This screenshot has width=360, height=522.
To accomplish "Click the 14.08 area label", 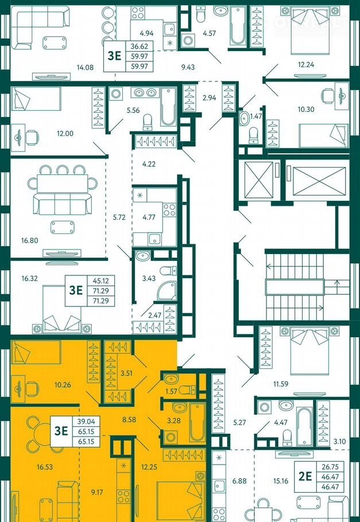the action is pyautogui.click(x=85, y=67).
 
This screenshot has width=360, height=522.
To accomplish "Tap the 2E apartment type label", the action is pyautogui.click(x=305, y=476).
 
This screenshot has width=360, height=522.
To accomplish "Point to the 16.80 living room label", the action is pyautogui.click(x=30, y=240).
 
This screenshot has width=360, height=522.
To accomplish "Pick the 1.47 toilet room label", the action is pyautogui.click(x=256, y=116).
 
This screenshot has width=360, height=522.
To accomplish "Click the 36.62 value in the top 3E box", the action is pyautogui.click(x=140, y=46).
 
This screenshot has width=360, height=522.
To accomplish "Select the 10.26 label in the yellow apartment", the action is pyautogui.click(x=63, y=385).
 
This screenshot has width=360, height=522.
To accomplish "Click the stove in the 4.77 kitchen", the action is pyautogui.click(x=169, y=210).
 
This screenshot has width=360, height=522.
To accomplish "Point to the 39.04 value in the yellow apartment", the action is pyautogui.click(x=86, y=422).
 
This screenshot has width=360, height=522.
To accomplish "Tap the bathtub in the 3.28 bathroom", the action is pyautogui.click(x=198, y=422).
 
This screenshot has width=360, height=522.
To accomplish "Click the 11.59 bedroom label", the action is pyautogui.click(x=281, y=384).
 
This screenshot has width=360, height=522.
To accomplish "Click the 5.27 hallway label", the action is pyautogui.click(x=239, y=422).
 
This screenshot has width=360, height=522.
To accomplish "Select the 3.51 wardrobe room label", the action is pyautogui.click(x=126, y=373).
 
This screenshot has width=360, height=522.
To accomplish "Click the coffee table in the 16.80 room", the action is pyautogui.click(x=63, y=227).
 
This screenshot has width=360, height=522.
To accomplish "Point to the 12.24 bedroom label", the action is pyautogui.click(x=306, y=65).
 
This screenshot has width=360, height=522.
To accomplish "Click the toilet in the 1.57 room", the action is pyautogui.click(x=187, y=389).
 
